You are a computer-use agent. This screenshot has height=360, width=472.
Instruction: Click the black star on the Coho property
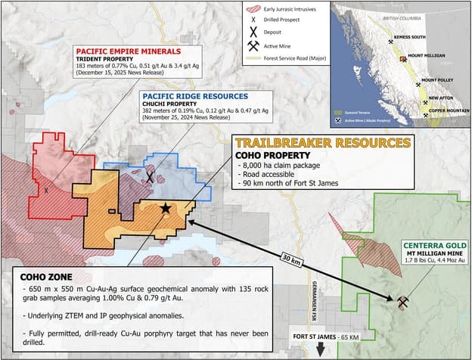pos(165,208)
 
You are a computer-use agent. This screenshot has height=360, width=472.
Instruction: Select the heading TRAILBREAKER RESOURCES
pos(322,143)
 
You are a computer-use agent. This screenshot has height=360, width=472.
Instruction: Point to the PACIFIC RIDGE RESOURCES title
pos(195,97)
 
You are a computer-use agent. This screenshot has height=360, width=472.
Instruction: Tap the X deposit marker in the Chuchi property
pos(150,178)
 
